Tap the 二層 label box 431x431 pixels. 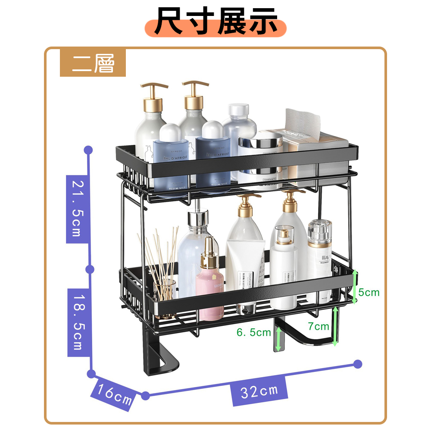tap(93, 63)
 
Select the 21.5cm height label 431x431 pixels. tap(75, 208)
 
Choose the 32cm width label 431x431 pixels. tap(259, 391)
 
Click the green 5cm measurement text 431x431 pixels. tap(369, 293)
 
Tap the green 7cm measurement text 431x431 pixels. tap(318, 326)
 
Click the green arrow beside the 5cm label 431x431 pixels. tap(355, 287)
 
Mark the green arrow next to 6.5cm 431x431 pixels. tap(279, 338)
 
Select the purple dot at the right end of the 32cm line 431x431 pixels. tap(358, 364)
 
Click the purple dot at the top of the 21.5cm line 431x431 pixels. tap(88, 150)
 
